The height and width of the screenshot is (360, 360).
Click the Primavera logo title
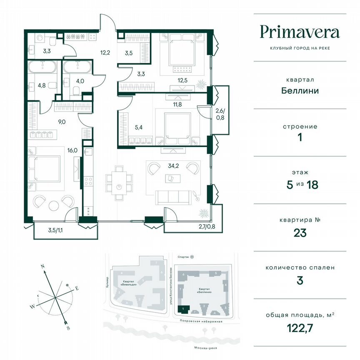pos(300,32)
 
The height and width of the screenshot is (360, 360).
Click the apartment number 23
pos(300,232)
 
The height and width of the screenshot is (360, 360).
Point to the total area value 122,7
pos(300,328)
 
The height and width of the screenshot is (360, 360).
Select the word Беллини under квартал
pos(300,90)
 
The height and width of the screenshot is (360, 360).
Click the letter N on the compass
pos(42,265)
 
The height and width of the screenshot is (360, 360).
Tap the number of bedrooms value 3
pos(300,280)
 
